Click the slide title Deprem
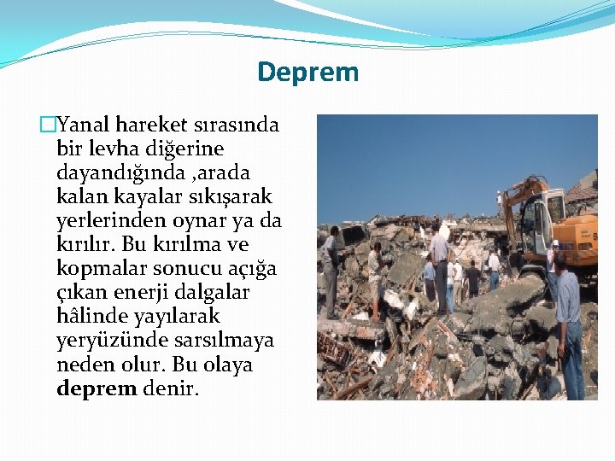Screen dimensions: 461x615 tap(307, 72)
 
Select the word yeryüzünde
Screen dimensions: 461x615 tap(106, 341)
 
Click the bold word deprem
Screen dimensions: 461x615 tap(97, 389)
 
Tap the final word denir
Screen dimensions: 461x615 tap(170, 389)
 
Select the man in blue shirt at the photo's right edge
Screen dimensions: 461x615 tap(567, 324)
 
